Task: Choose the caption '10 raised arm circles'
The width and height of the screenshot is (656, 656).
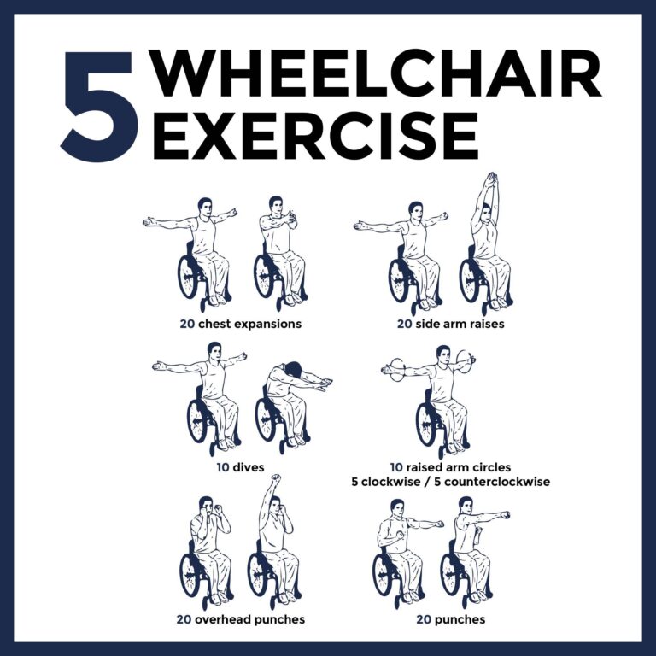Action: [x=450, y=467]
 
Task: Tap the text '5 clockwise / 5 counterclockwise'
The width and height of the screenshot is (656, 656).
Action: [x=450, y=482]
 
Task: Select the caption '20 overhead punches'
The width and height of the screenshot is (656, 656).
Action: [x=242, y=618]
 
